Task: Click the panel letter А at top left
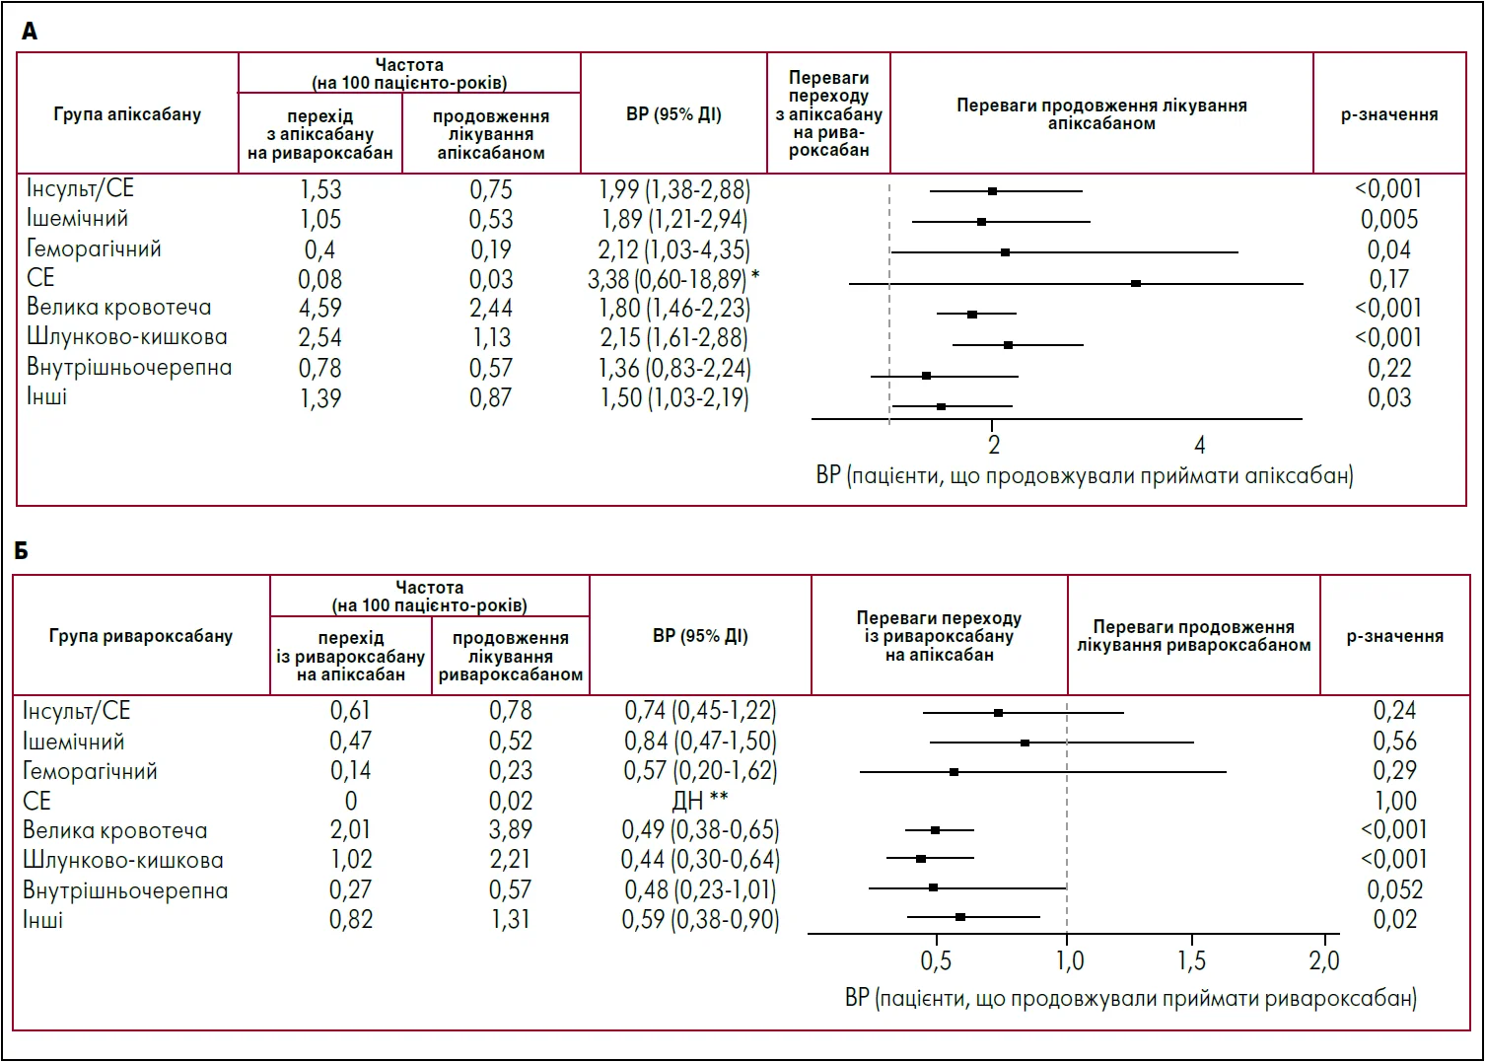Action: click(x=30, y=32)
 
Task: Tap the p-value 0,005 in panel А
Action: click(x=1389, y=220)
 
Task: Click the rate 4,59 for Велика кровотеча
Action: click(x=320, y=309)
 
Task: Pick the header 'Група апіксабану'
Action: click(x=127, y=114)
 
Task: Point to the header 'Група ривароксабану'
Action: click(x=141, y=636)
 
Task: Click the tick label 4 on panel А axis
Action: click(x=1200, y=446)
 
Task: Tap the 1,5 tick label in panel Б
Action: click(x=1192, y=960)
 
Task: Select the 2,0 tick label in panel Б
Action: click(x=1324, y=960)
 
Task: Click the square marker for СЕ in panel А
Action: click(x=1136, y=283)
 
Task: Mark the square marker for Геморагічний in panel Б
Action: click(x=954, y=771)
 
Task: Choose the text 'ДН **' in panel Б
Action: click(x=700, y=800)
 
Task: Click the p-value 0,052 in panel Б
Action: click(x=1394, y=889)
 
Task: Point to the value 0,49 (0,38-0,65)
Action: click(x=700, y=830)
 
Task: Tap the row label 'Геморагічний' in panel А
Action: click(x=94, y=248)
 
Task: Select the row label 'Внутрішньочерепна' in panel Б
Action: click(x=125, y=890)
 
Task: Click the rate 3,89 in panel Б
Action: click(x=511, y=830)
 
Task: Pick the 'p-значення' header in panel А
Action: click(x=1388, y=115)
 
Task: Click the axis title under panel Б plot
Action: click(x=1130, y=998)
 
